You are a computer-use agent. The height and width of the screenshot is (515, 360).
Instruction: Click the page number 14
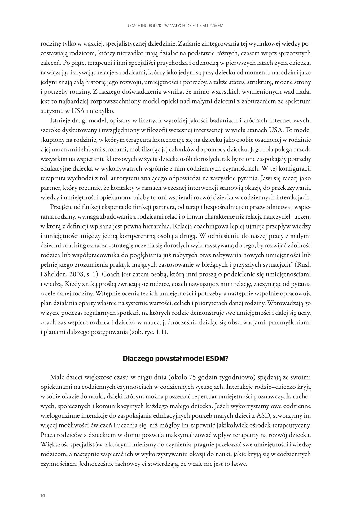click(43, 495)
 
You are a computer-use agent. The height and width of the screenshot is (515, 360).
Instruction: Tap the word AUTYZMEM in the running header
click(213, 26)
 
